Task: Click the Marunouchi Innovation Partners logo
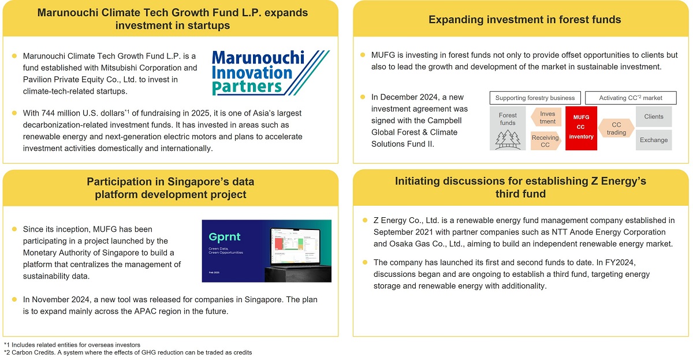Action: [x=270, y=72]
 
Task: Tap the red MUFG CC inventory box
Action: [x=582, y=128]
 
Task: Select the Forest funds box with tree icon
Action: [x=508, y=128]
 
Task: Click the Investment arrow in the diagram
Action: [x=546, y=117]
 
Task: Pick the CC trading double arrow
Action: [x=616, y=128]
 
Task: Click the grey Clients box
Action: [x=654, y=116]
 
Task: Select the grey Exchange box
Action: [x=654, y=140]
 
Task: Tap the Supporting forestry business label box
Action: [x=535, y=98]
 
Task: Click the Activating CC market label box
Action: [x=631, y=98]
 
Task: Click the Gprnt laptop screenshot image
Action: [x=266, y=251]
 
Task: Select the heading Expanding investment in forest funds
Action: [x=524, y=20]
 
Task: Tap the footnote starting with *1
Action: [x=72, y=344]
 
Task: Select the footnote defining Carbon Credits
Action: [x=128, y=352]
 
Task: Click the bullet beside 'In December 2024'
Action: [x=363, y=97]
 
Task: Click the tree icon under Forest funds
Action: [x=508, y=139]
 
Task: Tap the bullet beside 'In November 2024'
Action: [x=14, y=299]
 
